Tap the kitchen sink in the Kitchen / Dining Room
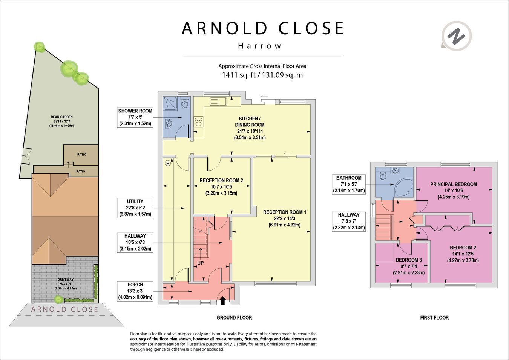click(218, 102)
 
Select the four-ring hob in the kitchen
click(198, 121)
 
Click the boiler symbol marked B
click(168, 163)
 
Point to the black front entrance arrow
click(223, 300)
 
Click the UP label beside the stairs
click(201, 263)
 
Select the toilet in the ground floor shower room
click(184, 102)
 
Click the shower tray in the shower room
click(170, 103)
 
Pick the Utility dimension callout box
click(135, 208)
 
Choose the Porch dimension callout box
click(135, 291)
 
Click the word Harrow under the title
click(260, 46)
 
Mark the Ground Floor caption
click(234, 318)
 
